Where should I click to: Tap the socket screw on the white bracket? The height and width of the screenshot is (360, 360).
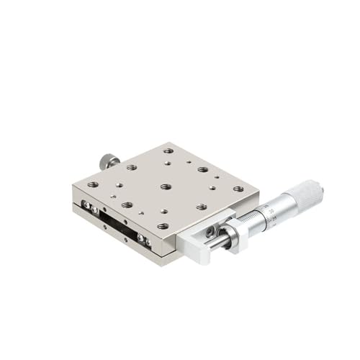[210, 232]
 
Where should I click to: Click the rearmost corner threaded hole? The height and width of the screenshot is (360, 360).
[168, 152]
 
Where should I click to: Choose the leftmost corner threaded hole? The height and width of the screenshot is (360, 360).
[92, 185]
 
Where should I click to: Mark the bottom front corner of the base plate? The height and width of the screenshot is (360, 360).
[171, 258]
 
